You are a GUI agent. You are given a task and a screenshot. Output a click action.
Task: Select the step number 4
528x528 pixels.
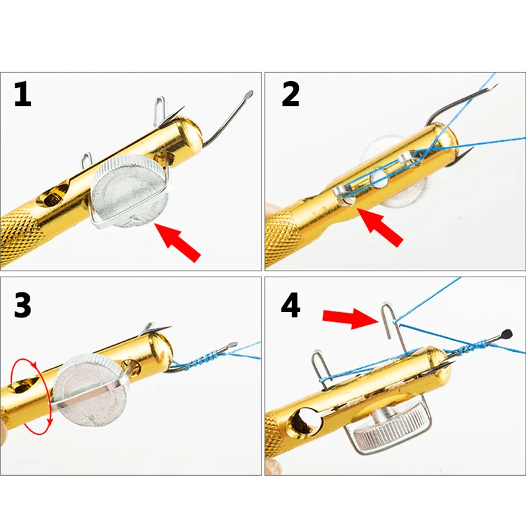pos(290,305)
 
